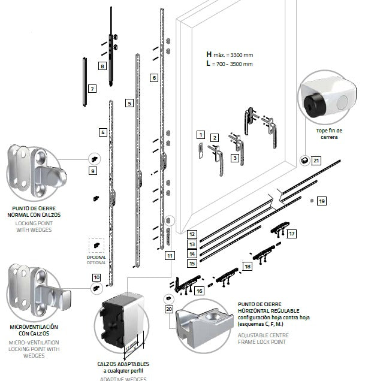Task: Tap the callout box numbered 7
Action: pos(92,89)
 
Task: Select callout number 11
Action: pos(170,255)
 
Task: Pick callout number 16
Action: pos(200,290)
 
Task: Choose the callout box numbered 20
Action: pos(168,310)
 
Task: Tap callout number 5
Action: pos(129,103)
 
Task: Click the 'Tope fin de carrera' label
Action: pos(328,134)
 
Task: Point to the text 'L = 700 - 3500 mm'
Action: pos(229,63)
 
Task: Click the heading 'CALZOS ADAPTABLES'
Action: pos(123,364)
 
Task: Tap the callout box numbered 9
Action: pos(92,171)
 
